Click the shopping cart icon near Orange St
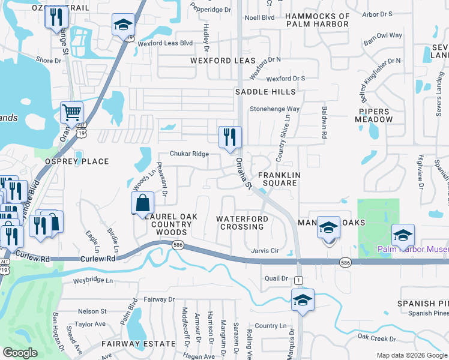click(x=71, y=112)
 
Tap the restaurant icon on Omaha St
click(x=230, y=137)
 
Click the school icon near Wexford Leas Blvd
click(x=122, y=25)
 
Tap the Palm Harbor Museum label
click(x=412, y=249)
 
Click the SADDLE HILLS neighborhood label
click(x=265, y=92)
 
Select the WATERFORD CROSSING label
click(x=242, y=223)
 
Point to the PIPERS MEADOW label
click(x=375, y=115)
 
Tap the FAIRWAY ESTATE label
click(x=139, y=344)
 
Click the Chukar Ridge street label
click(x=189, y=154)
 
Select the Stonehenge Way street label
click(x=274, y=109)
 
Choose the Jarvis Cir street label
click(x=265, y=250)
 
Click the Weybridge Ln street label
click(x=92, y=280)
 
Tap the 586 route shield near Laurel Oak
click(x=177, y=245)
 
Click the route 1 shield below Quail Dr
click(x=298, y=280)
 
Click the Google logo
click(x=20, y=352)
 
